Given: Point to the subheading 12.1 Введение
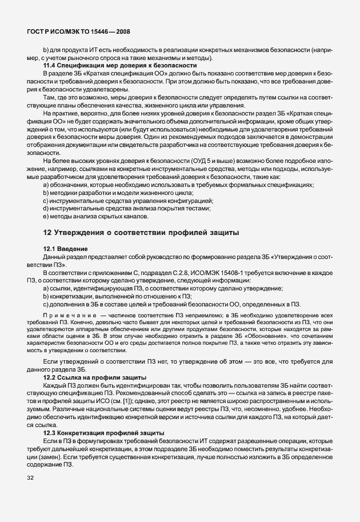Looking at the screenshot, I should coord(65,249).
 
